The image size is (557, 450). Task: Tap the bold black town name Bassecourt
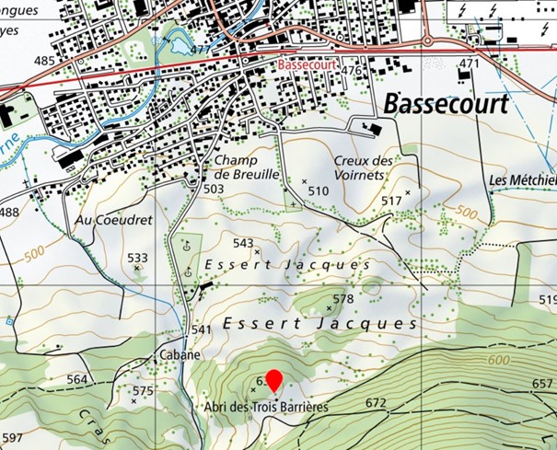point(445,104)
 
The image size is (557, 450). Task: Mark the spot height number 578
point(342,299)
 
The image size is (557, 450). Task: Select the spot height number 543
point(243,243)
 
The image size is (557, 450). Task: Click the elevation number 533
point(137,258)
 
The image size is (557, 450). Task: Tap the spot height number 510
point(318,190)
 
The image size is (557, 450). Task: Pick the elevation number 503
point(214,189)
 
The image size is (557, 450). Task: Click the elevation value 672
point(376,403)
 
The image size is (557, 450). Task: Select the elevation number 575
point(143,391)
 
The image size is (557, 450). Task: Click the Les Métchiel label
point(523,179)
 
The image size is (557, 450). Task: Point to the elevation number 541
point(201,329)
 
